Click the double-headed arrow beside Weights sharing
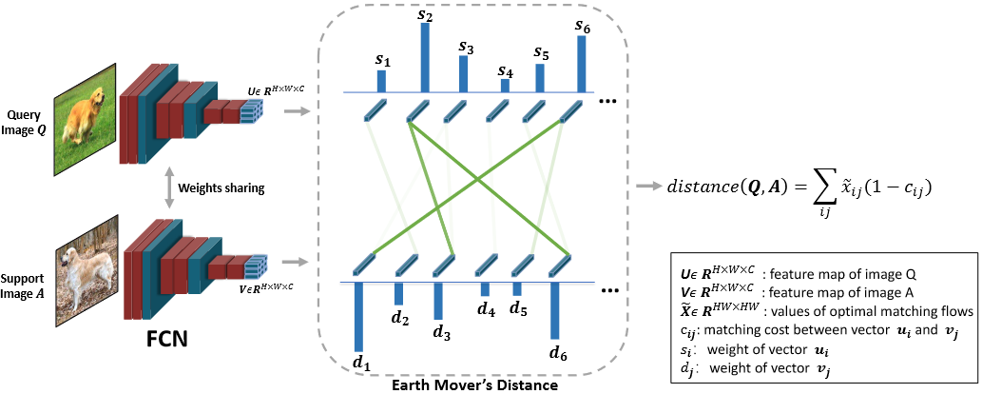(x=170, y=188)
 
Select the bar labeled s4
(x=505, y=86)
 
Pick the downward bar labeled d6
(x=555, y=310)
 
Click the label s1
(x=383, y=60)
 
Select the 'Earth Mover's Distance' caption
(x=474, y=385)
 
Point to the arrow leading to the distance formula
(x=654, y=187)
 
